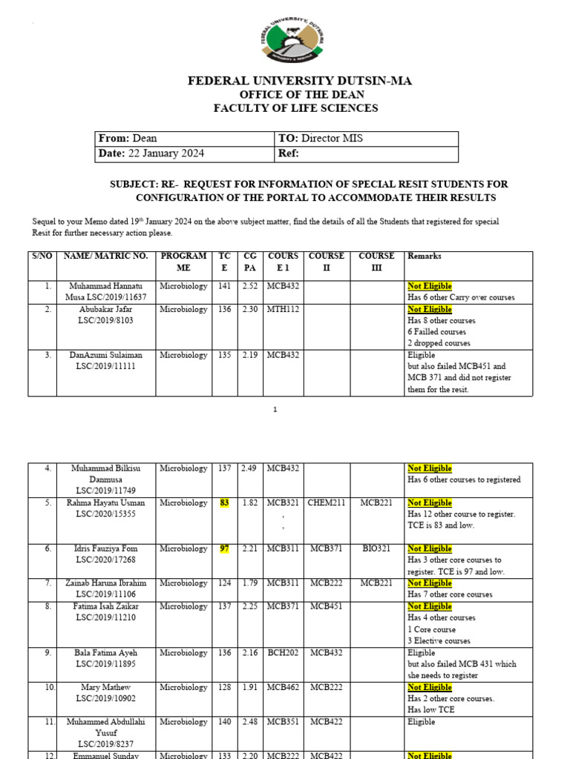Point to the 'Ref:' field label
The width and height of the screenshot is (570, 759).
pyautogui.click(x=288, y=153)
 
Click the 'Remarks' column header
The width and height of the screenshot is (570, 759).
pyautogui.click(x=425, y=256)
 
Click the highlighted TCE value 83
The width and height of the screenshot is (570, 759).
pyautogui.click(x=225, y=503)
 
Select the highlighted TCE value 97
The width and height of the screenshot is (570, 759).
pyautogui.click(x=225, y=548)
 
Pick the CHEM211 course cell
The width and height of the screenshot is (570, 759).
pyautogui.click(x=327, y=503)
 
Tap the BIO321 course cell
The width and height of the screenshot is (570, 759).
pyautogui.click(x=376, y=548)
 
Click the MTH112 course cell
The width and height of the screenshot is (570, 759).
pyautogui.click(x=283, y=309)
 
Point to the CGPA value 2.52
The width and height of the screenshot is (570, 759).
pyautogui.click(x=250, y=286)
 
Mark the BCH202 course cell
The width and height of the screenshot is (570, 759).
pyautogui.click(x=283, y=653)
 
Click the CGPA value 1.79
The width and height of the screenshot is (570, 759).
pyautogui.click(x=250, y=583)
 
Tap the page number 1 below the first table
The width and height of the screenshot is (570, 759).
pyautogui.click(x=275, y=410)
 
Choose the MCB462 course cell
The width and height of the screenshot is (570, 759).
pyautogui.click(x=283, y=687)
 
